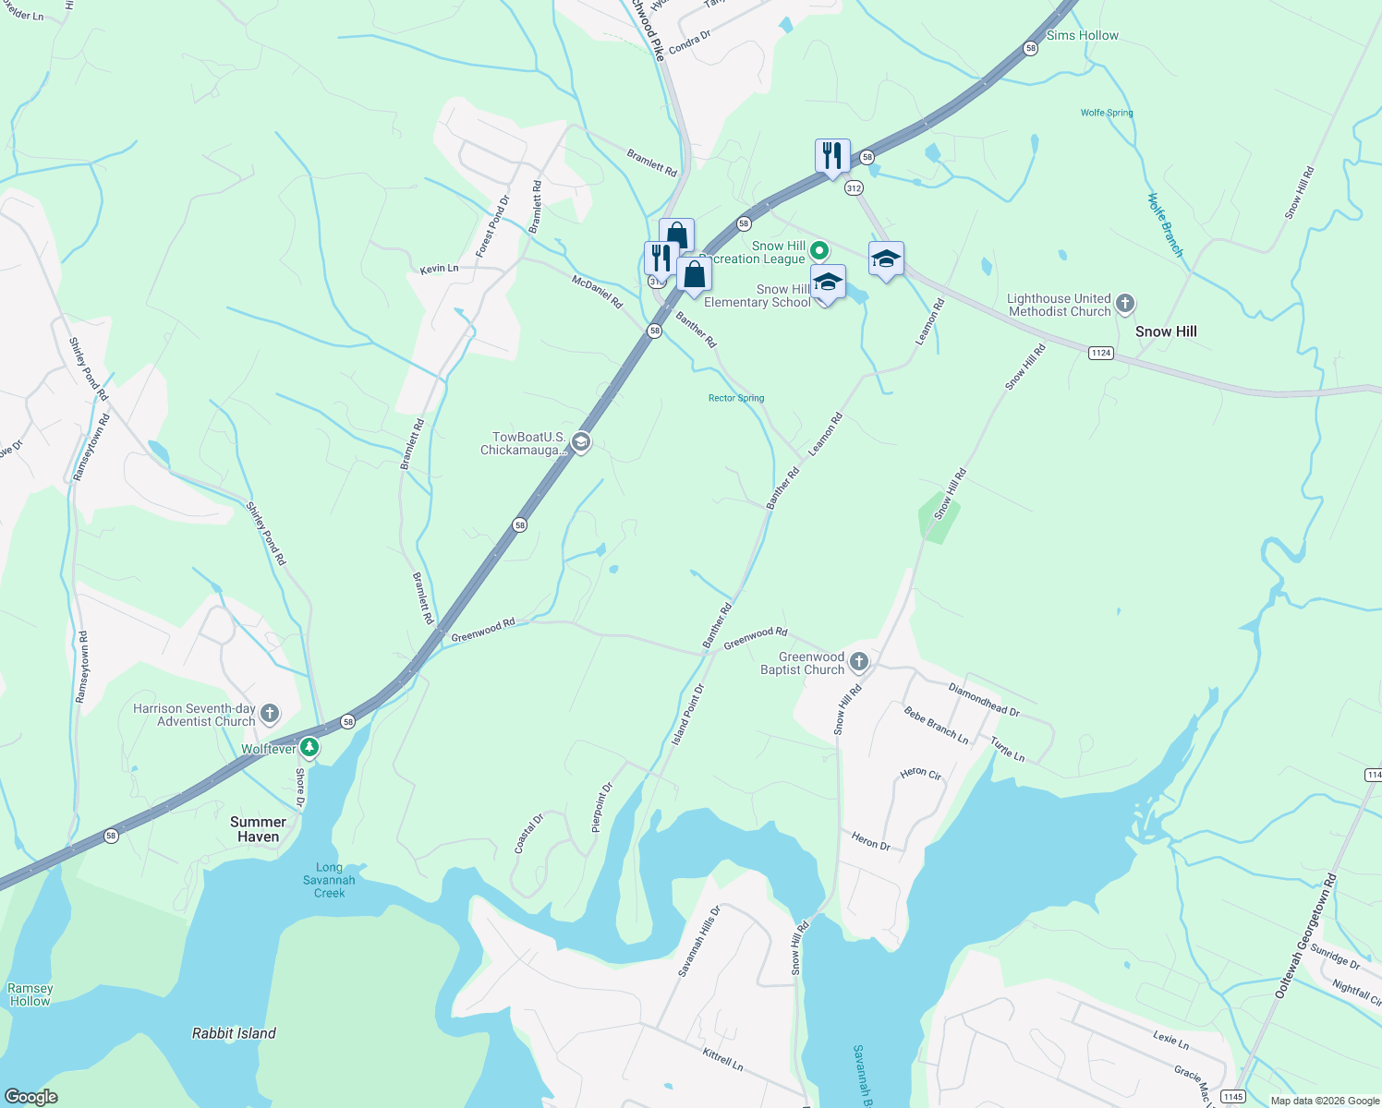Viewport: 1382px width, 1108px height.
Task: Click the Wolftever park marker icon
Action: point(309,747)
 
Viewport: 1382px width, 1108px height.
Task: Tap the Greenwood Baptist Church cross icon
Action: point(859,661)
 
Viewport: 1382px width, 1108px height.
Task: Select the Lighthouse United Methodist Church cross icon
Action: point(1124,303)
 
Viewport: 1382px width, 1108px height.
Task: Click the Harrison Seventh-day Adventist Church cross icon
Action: point(270,713)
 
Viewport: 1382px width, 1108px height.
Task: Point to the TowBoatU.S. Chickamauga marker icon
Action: point(581,441)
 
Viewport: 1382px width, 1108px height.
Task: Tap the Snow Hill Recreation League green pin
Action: point(818,250)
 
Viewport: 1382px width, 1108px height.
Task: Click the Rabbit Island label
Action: point(234,1033)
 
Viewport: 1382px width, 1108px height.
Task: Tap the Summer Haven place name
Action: point(258,829)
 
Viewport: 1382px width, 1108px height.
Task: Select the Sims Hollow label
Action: point(1082,36)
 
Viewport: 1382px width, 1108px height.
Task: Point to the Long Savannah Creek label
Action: point(329,880)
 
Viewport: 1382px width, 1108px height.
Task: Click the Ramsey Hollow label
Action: point(30,994)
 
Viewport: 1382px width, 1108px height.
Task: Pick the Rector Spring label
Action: point(736,398)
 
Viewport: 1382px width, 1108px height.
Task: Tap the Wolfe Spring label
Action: point(1107,113)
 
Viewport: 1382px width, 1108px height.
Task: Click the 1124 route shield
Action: point(1100,353)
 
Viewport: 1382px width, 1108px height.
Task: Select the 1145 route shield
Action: point(1232,1097)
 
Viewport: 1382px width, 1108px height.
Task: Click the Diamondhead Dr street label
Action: point(984,700)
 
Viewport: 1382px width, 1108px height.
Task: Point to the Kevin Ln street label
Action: point(439,269)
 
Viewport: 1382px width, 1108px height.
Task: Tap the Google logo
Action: point(31,1097)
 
